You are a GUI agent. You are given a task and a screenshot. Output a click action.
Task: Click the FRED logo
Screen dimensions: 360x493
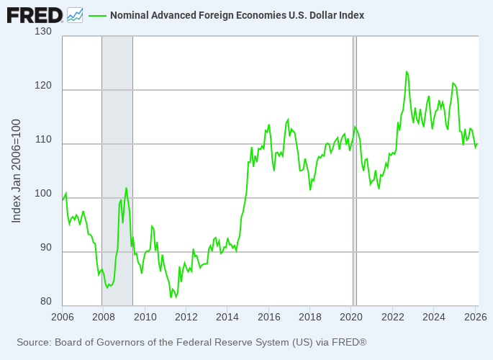(x=35, y=14)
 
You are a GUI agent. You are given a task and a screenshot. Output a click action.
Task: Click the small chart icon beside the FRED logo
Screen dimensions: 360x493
(x=75, y=14)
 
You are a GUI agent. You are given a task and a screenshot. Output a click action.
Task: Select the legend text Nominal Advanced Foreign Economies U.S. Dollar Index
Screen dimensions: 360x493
(x=237, y=15)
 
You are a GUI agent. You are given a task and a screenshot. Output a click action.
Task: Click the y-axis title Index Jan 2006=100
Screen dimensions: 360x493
(x=17, y=171)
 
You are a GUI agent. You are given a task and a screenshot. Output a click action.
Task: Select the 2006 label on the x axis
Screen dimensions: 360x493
(x=62, y=317)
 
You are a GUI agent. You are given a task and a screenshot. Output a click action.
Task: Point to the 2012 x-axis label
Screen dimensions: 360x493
(x=186, y=317)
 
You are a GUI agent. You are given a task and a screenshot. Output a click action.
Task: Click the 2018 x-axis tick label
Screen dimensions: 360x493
(x=309, y=317)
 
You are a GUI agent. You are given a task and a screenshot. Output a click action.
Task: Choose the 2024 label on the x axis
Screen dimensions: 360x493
(x=433, y=317)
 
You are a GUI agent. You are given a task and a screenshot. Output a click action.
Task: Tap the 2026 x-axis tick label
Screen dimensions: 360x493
(x=474, y=317)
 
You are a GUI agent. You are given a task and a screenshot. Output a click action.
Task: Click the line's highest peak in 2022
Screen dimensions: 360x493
(x=407, y=71)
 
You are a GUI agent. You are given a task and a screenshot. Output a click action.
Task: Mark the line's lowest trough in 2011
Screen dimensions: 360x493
(x=171, y=297)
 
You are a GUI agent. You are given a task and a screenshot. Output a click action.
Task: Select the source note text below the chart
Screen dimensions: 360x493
(x=191, y=342)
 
